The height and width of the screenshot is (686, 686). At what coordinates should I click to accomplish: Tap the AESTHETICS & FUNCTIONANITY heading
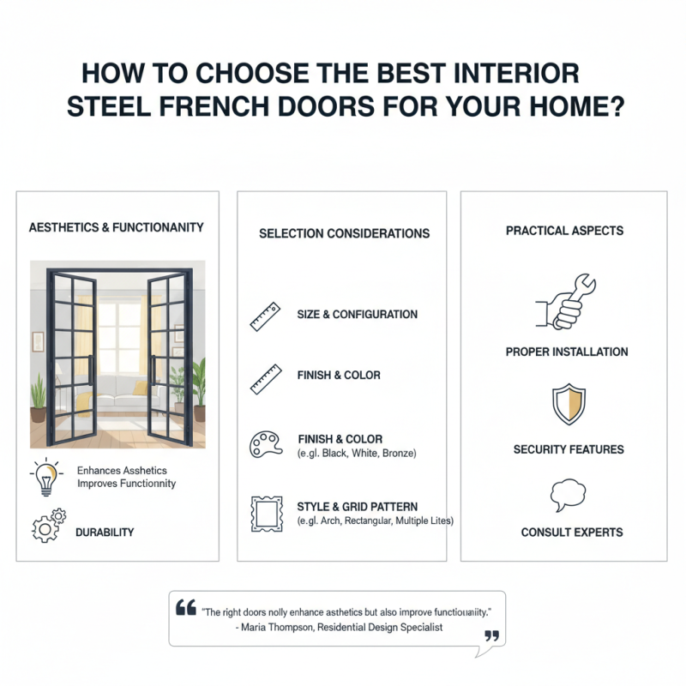pos(117,227)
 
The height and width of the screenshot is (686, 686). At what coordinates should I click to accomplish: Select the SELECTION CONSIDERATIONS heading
pos(344,233)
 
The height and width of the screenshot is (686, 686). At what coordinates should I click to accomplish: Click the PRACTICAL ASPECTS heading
pos(564,231)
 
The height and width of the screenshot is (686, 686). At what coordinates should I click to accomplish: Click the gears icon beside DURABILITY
pos(48,525)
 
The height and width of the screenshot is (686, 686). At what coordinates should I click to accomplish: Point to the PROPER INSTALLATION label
pos(567,352)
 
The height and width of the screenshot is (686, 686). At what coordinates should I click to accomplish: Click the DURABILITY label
pos(105,533)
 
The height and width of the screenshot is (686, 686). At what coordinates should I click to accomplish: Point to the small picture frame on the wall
pos(38,340)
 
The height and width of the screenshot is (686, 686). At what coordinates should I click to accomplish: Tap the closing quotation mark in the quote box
pos(491,635)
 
